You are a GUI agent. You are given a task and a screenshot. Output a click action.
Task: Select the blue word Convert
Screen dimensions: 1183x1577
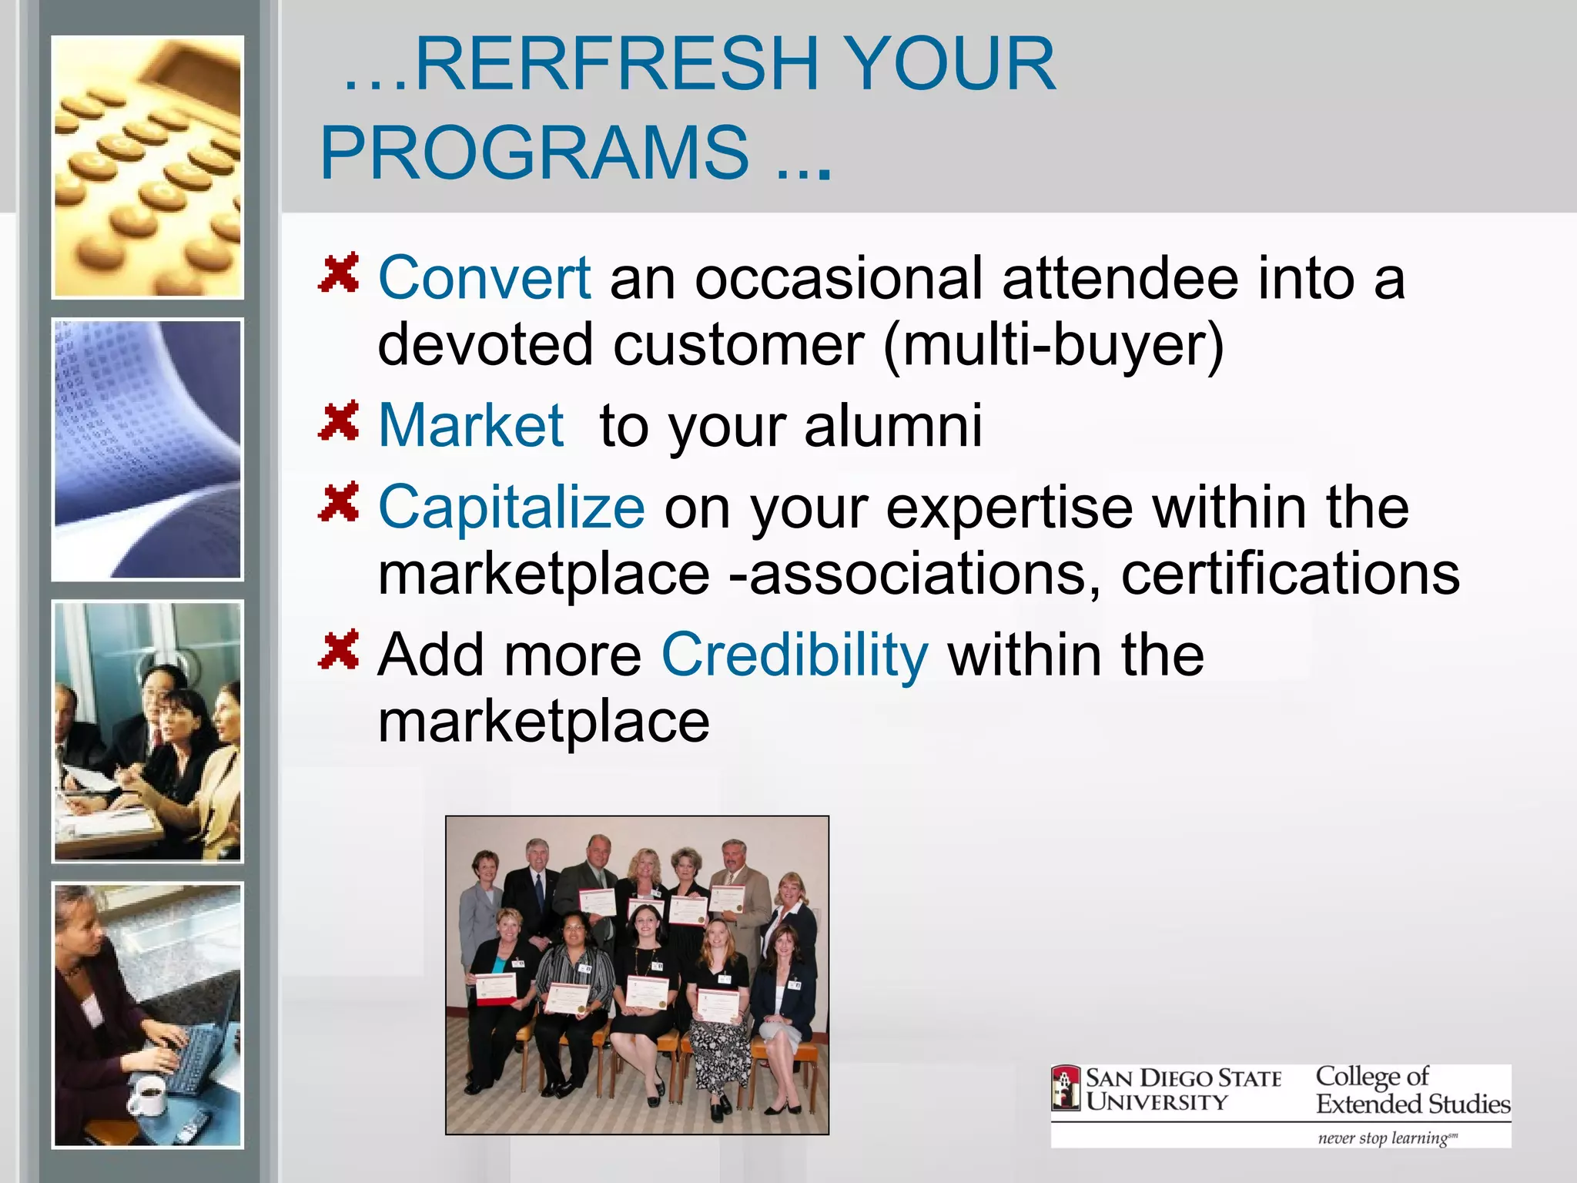(x=484, y=278)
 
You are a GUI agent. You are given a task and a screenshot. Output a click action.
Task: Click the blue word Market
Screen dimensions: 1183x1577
(x=471, y=425)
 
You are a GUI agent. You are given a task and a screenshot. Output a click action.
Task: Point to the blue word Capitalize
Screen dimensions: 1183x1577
(x=511, y=508)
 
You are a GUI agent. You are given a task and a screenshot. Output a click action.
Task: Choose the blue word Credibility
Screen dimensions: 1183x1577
(x=795, y=655)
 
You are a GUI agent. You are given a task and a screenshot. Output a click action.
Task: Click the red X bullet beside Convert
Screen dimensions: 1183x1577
(x=339, y=273)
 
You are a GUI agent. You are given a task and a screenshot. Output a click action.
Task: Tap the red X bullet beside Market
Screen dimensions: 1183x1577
(x=339, y=421)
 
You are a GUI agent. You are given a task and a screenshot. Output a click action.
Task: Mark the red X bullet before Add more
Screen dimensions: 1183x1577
(x=339, y=649)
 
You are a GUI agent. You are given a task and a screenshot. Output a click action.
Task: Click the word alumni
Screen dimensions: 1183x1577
(x=893, y=425)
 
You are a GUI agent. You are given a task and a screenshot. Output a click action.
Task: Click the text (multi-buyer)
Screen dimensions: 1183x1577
(x=1053, y=345)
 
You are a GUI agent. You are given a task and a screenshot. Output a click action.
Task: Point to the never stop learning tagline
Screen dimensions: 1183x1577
(x=1386, y=1138)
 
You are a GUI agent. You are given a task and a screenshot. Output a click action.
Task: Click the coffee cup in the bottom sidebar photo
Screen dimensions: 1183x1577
(x=149, y=1094)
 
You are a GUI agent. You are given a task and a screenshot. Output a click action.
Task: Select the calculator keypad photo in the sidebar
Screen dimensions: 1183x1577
(x=147, y=167)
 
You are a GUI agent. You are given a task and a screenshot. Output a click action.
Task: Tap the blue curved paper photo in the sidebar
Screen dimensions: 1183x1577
(x=147, y=449)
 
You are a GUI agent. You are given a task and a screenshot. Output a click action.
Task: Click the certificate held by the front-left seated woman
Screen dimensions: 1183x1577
(x=496, y=989)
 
